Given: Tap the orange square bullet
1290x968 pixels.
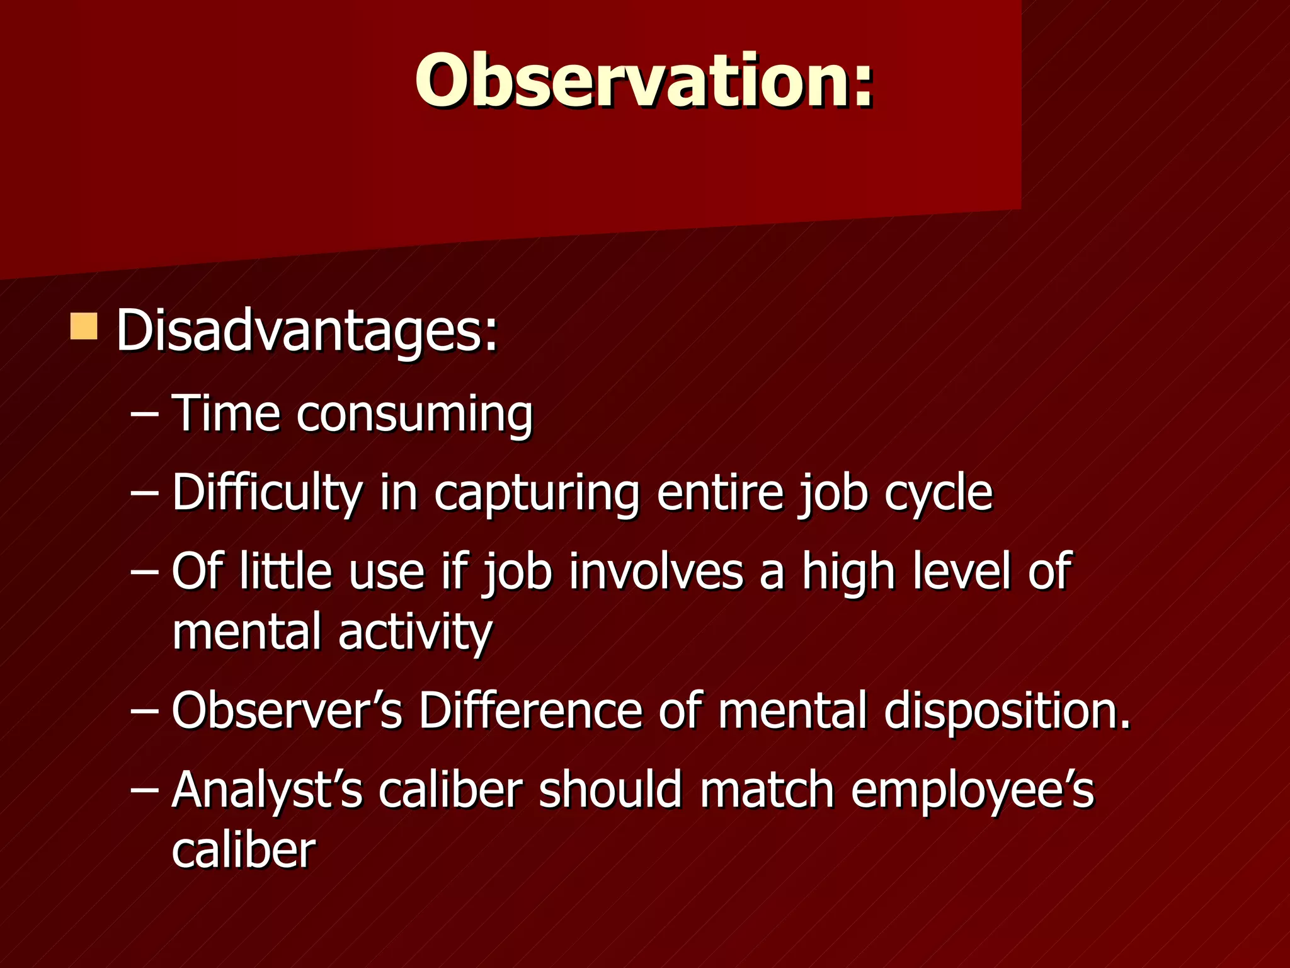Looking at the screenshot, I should pos(84,326).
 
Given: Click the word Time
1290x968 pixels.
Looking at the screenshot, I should pos(225,413).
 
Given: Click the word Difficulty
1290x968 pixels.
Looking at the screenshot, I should pos(267,493).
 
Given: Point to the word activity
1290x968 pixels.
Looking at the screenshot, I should pos(415,633).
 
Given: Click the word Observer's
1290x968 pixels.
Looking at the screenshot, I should pos(287,711).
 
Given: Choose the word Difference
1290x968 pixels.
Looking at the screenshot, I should pos(530,711).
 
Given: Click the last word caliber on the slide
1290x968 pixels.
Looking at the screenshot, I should pos(243,851).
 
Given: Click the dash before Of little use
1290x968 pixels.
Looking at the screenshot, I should pos(144,572).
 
